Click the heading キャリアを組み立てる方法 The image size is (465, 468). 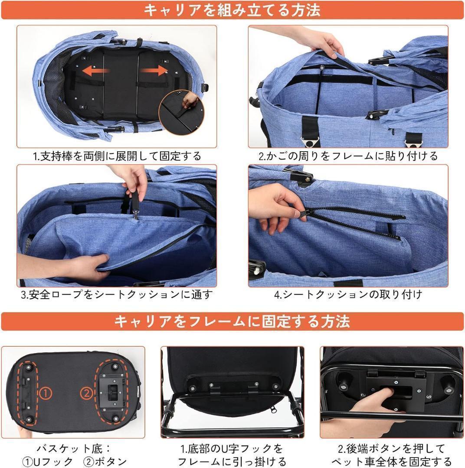(x=232, y=10)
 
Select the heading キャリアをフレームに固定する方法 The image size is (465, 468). (x=232, y=322)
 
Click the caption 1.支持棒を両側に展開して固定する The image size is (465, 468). (x=117, y=156)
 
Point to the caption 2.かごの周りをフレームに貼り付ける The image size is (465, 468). (x=348, y=156)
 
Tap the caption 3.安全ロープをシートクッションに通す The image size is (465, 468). (x=117, y=295)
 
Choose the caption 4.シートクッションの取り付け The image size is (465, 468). (x=348, y=295)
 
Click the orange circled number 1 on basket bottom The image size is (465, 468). (x=46, y=393)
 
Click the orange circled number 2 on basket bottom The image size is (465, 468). (x=86, y=393)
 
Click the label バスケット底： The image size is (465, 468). (x=74, y=448)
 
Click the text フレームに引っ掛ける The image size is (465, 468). (x=232, y=461)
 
